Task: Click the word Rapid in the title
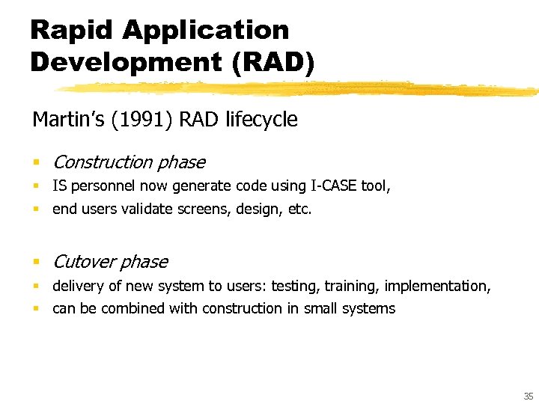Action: tap(71, 30)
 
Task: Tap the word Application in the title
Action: tap(206, 30)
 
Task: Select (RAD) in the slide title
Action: tap(273, 61)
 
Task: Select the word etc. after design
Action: tap(299, 209)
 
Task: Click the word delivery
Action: tap(77, 287)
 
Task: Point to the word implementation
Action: tap(445, 287)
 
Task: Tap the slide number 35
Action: tap(529, 396)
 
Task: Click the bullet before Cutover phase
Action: tap(35, 263)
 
